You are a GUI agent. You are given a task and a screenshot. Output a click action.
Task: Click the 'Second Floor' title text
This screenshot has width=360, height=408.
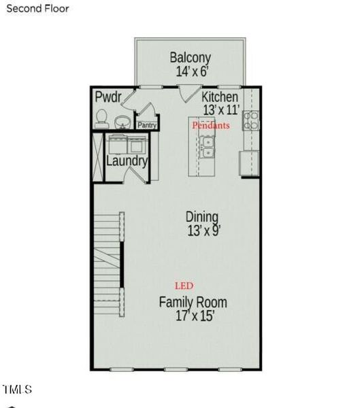[37, 9]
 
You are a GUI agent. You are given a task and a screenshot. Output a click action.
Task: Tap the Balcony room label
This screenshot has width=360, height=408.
[190, 58]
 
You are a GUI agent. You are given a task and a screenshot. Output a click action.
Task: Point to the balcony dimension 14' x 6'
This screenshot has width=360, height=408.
[190, 71]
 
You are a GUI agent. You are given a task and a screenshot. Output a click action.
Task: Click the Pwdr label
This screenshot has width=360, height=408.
[108, 97]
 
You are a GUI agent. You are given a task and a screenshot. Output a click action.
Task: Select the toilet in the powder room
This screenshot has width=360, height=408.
[101, 120]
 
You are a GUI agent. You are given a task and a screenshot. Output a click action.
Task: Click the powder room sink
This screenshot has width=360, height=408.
[123, 122]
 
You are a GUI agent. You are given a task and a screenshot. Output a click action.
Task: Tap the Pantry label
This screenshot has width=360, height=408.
[147, 125]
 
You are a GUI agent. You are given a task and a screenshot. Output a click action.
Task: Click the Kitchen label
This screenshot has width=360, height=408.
[220, 97]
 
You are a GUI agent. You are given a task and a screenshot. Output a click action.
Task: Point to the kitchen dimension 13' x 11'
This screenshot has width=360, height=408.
[220, 109]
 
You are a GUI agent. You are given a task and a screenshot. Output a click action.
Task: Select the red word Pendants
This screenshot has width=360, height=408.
[211, 126]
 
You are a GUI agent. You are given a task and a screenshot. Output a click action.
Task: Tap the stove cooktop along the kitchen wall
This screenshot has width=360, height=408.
[252, 121]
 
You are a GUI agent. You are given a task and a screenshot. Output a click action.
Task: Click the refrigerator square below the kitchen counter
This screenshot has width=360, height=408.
[250, 164]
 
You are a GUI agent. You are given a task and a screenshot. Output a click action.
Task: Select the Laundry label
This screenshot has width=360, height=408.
[127, 162]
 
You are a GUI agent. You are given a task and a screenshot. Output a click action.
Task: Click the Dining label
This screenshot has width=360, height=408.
[203, 217]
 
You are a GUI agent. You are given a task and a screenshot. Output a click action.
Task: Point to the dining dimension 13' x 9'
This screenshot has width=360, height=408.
[203, 231]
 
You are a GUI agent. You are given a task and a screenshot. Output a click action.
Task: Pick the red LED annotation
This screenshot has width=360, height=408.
[184, 286]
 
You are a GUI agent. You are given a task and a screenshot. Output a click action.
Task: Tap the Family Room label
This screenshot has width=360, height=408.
[193, 303]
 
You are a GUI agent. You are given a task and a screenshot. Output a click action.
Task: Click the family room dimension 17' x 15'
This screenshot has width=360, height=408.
[193, 316]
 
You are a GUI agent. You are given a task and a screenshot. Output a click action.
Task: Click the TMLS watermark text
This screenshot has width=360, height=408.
[17, 390]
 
